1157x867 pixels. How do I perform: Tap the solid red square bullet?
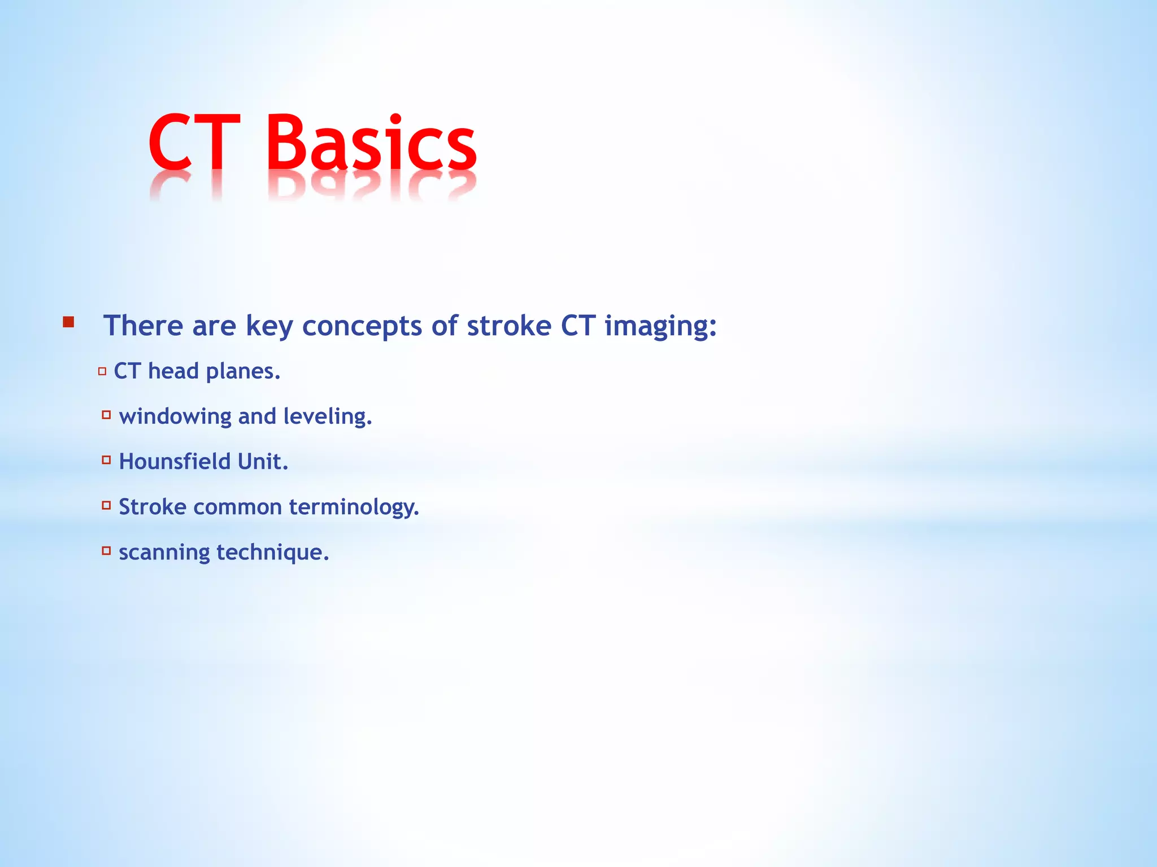pos(68,323)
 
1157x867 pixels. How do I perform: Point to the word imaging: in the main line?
pos(660,326)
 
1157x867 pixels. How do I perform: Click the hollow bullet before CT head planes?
pos(102,371)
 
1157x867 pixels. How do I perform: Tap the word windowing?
pos(175,417)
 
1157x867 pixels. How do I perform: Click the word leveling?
pos(328,417)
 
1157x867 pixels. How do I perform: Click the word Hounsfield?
pos(175,462)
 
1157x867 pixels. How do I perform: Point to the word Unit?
pos(263,462)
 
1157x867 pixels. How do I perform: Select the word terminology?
pos(354,507)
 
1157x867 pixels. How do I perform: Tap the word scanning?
pos(164,552)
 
